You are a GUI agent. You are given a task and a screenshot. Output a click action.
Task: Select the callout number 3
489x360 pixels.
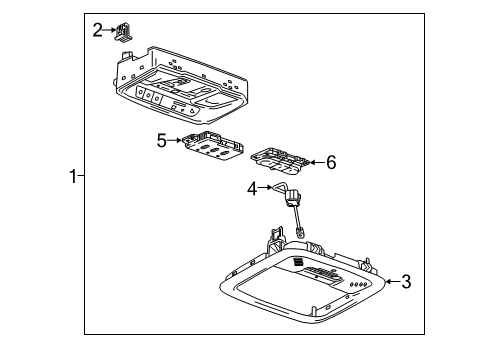(x=406, y=283)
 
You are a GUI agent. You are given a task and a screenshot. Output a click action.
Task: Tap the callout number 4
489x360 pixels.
(x=254, y=187)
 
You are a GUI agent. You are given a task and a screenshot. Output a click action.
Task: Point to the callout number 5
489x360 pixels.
(x=160, y=141)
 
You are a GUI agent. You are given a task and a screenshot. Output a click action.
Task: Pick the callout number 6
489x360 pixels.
(x=331, y=162)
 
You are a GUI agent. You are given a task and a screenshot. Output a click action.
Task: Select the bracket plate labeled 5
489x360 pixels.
(x=213, y=146)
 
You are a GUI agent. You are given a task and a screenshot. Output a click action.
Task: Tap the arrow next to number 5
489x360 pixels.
(x=175, y=141)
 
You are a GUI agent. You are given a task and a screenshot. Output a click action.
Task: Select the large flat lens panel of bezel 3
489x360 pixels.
(x=285, y=292)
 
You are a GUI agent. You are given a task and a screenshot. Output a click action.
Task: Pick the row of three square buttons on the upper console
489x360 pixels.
(x=151, y=98)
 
